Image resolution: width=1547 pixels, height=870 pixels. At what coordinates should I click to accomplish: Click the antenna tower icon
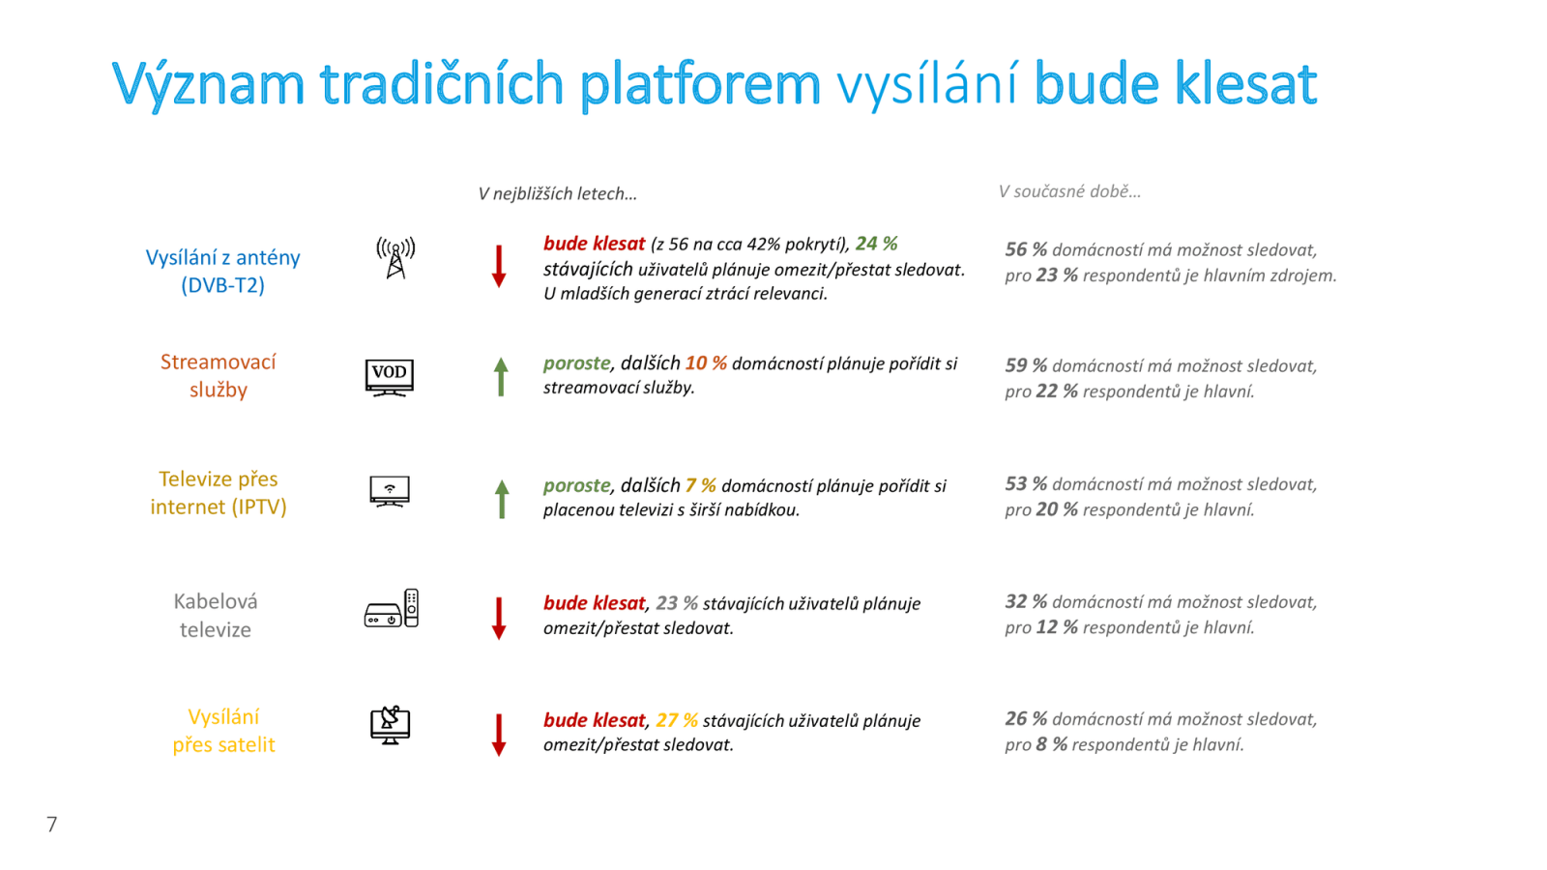coord(395,258)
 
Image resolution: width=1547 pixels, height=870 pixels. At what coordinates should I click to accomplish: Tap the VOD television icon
coord(390,377)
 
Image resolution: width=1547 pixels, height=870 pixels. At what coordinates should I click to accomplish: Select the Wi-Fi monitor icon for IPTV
coord(390,491)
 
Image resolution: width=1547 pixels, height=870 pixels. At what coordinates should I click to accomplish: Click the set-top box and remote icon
coord(392,609)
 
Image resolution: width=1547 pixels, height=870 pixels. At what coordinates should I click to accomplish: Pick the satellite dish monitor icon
coord(391,725)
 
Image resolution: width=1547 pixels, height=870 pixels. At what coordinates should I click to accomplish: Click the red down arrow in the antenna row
coord(499,266)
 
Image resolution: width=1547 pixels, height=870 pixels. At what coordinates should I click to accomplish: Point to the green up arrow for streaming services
coord(501,376)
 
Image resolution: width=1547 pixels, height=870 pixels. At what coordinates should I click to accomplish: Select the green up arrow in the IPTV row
coord(502,499)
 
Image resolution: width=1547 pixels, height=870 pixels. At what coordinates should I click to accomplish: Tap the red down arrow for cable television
coord(499,618)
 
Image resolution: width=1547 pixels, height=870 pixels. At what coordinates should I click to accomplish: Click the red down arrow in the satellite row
coord(499,735)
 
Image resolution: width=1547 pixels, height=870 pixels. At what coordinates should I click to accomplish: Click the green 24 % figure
coord(876,244)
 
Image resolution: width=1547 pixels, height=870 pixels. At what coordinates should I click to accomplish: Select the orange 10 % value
coord(706,363)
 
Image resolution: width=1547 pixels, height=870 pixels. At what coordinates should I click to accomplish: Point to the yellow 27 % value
coord(677,720)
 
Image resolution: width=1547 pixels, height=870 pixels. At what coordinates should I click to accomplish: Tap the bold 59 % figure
coord(1026,365)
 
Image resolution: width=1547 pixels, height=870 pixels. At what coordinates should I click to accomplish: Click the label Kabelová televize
coord(216,615)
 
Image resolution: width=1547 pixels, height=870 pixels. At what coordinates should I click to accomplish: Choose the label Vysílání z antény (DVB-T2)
coord(222,271)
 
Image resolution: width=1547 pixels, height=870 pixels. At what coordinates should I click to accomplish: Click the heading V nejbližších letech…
coord(558,193)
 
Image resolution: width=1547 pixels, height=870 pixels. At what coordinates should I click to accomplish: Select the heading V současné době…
coord(1069,191)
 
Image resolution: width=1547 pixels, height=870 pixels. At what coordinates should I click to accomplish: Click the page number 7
coord(52,825)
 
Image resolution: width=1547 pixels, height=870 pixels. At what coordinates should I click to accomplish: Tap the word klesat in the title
coord(1245,84)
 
